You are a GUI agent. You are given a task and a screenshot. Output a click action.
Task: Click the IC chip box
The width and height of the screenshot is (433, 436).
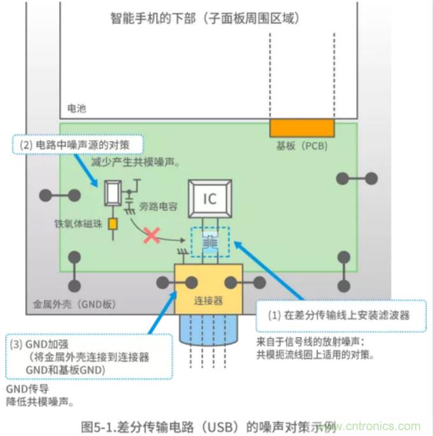(209, 199)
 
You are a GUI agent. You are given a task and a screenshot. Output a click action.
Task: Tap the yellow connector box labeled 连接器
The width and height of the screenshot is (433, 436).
(208, 290)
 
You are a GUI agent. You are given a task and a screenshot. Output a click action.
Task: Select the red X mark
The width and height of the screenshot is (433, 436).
(152, 236)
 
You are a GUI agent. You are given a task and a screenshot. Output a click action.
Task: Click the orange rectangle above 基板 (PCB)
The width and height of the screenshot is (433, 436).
(301, 127)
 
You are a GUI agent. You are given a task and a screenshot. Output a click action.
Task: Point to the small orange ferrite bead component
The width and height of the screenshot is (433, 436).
(113, 224)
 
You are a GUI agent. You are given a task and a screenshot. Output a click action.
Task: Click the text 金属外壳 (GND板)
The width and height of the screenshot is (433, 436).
(74, 304)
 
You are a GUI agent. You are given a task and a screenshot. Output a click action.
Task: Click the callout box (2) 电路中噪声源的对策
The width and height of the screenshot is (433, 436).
(78, 144)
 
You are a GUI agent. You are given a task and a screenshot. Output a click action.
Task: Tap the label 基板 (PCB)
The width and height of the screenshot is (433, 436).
(301, 145)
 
